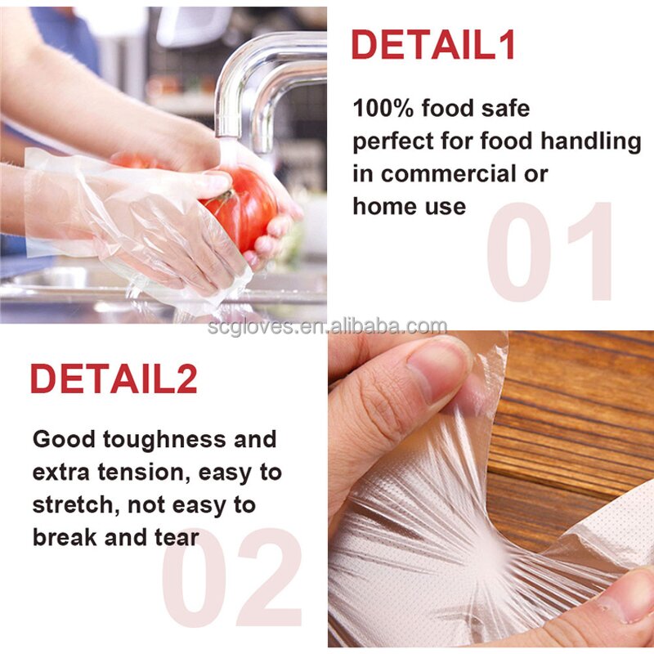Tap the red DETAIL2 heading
[114, 379]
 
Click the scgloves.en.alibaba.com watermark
[326, 328]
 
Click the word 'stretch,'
[78, 504]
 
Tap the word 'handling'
[590, 141]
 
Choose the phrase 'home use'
[409, 206]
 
